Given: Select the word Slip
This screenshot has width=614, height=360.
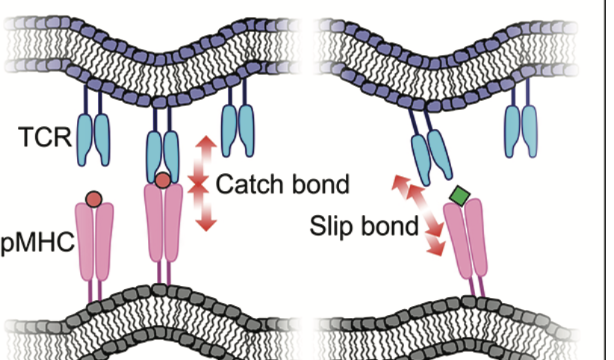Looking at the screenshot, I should [334, 226].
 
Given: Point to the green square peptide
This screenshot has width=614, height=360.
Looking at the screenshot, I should [459, 196].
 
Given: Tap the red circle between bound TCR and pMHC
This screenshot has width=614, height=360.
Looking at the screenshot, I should [163, 180].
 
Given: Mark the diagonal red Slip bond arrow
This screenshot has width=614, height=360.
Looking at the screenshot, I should [420, 212].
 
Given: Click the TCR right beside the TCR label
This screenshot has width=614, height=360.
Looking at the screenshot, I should [93, 137].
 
